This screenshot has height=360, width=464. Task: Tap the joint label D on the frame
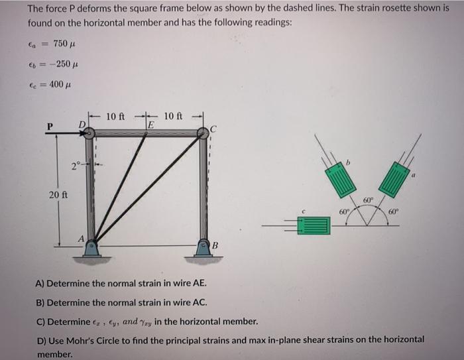coord(82,123)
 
